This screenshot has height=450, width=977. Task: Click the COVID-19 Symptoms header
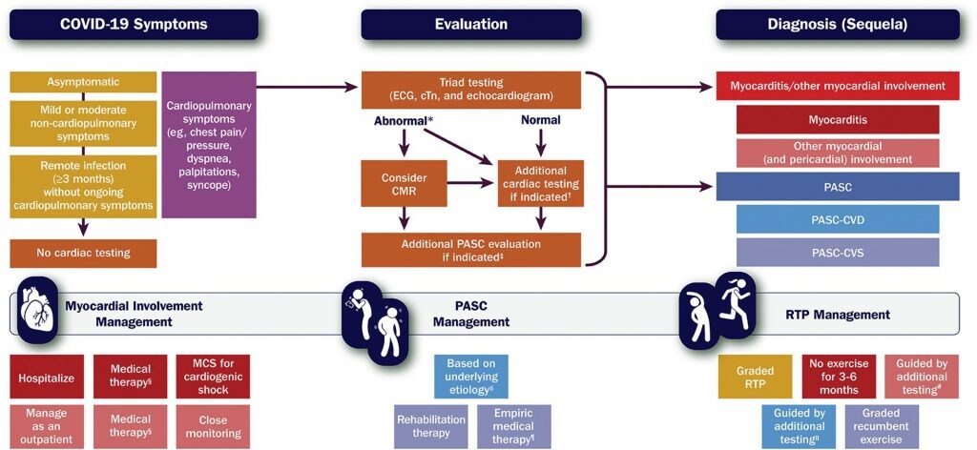coord(134,24)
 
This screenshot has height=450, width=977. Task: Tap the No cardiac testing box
coord(82,253)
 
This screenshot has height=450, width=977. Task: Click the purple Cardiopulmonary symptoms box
coord(209,145)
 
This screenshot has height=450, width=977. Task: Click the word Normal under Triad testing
coord(541,121)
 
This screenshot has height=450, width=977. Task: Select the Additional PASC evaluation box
coord(470,251)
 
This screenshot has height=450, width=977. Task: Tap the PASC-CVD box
coord(837,219)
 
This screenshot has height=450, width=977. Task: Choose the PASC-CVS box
coord(837,253)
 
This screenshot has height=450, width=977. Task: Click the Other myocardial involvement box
coord(837,153)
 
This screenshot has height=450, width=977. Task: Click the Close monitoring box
coord(213,425)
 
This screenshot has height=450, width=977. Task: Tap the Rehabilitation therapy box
coord(431,425)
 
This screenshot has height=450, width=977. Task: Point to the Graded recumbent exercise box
coord(881,425)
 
